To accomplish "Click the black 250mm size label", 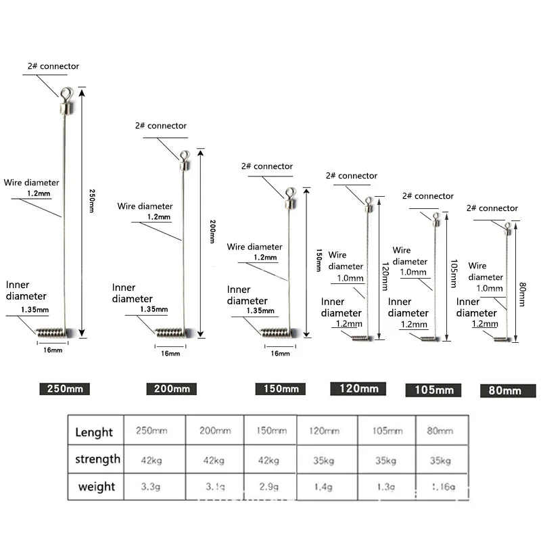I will click(x=64, y=389).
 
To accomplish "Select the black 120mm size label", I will click(x=358, y=388).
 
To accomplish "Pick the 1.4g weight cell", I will click(x=323, y=486).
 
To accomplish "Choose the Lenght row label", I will click(x=95, y=432).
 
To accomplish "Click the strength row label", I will click(x=97, y=459).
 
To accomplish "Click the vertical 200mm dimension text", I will click(x=211, y=231).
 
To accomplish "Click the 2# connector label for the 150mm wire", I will click(x=267, y=166).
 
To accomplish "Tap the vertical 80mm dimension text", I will click(x=521, y=293).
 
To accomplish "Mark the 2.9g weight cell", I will click(x=269, y=486).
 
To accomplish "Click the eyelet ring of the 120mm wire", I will click(x=369, y=200).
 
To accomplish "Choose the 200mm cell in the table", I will click(x=214, y=431).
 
